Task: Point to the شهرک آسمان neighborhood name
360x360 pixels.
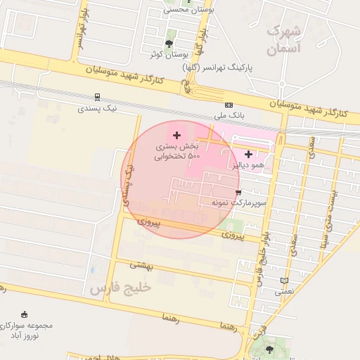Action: coord(285,41)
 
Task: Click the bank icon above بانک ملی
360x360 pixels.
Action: coord(229,104)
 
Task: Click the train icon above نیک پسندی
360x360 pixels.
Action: coord(96,98)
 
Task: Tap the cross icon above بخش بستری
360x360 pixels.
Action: coord(176,134)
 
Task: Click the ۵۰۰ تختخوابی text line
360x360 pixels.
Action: coord(178,156)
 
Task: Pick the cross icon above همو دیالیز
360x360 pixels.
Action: coord(248,153)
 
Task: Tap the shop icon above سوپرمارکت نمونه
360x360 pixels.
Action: coord(239,192)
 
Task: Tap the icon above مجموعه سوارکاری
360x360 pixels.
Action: coord(26,314)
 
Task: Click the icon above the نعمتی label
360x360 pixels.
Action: coord(284,281)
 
